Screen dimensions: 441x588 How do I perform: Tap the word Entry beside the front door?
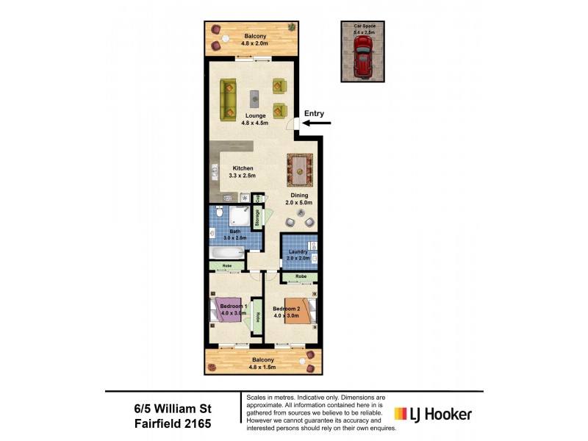click(x=314, y=113)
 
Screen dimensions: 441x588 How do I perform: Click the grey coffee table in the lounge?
click(x=254, y=98)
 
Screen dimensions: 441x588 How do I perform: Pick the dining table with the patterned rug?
click(x=299, y=171)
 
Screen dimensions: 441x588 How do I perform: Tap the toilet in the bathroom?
click(x=218, y=214)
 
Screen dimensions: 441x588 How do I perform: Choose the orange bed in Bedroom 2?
click(x=301, y=312)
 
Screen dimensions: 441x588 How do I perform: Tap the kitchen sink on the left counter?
click(x=215, y=174)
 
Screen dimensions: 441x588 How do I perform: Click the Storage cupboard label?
click(x=258, y=218)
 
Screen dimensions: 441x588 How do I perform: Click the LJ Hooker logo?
click(x=434, y=414)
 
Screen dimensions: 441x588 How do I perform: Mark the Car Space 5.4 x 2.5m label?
click(x=364, y=30)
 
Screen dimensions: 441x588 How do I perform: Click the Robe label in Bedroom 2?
click(x=301, y=276)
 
